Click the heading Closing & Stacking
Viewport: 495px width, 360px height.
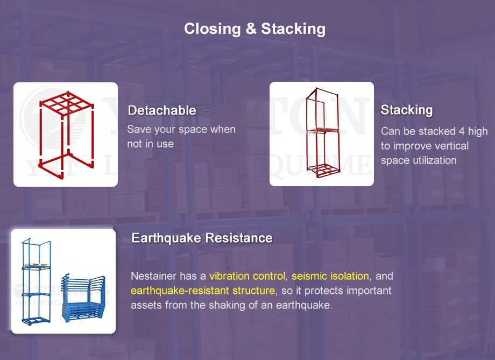pos(254,29)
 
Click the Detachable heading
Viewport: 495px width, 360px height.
pos(161,111)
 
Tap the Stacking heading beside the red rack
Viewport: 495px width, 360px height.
pos(406,110)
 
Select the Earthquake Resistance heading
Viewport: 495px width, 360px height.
pos(202,238)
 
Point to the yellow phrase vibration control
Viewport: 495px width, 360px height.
pos(248,276)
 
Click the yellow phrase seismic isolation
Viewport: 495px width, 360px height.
pos(330,276)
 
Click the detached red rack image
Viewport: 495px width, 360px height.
pos(66,135)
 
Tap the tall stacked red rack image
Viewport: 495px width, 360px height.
pos(322,135)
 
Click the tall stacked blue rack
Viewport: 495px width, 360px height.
pos(37,283)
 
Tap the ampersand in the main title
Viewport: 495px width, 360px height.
pos(251,29)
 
